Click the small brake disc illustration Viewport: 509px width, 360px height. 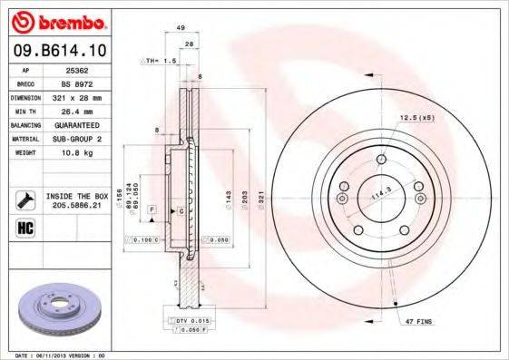[54, 309]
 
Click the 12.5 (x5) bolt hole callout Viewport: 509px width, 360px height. [416, 118]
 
